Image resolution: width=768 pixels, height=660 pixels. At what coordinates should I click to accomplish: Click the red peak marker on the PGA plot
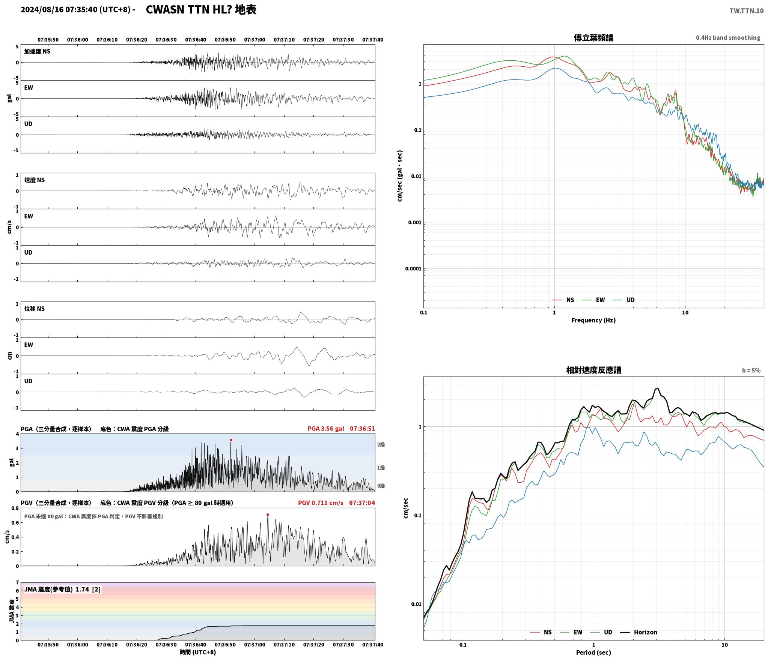231,440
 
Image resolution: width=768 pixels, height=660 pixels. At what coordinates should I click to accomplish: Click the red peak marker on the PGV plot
268,514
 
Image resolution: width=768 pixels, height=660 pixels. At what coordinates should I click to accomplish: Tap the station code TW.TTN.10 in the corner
746,11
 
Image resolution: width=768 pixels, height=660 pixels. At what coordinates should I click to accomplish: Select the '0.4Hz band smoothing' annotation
728,38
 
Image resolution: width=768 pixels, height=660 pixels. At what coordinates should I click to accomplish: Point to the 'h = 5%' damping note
751,370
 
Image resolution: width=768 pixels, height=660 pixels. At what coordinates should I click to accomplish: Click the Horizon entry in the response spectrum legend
638,632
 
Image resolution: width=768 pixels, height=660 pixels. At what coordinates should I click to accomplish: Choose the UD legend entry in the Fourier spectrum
624,300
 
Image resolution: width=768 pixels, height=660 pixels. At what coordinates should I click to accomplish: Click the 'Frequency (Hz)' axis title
593,320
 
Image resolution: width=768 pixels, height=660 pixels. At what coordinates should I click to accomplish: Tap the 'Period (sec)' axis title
593,652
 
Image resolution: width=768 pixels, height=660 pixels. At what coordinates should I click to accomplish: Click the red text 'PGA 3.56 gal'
325,429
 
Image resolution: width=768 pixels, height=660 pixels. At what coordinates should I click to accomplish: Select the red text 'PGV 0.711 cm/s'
321,503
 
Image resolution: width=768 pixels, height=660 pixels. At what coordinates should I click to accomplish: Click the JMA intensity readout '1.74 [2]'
88,589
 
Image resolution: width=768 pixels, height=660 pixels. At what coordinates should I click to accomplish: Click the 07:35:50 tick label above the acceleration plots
48,40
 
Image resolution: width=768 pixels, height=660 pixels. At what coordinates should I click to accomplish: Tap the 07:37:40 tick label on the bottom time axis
373,645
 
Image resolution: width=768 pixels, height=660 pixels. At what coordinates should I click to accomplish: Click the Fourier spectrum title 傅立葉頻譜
593,38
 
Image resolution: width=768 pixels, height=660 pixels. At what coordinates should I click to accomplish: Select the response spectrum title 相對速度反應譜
593,370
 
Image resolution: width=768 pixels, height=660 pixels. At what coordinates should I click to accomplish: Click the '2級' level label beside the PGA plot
381,445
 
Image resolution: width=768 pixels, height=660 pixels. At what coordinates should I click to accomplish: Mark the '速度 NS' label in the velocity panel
35,180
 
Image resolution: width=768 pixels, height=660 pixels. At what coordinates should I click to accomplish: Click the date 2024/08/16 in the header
42,10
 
